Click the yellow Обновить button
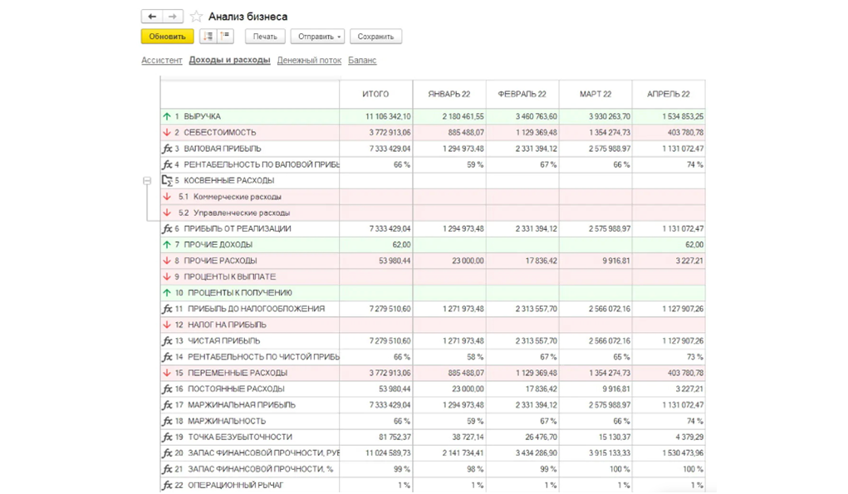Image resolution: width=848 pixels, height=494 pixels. pos(167,37)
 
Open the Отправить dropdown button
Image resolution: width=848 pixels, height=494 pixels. pos(317,37)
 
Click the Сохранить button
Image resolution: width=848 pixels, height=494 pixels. pos(375,37)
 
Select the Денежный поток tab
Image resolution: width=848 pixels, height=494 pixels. pos(309,60)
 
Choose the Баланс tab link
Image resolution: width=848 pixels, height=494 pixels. pos(362,60)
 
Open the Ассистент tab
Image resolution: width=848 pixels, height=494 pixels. pos(162,60)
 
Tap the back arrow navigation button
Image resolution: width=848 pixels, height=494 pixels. pos(151,17)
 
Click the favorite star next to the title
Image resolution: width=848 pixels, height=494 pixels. pos(196,17)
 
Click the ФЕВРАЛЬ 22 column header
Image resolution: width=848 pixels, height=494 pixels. pos(522,94)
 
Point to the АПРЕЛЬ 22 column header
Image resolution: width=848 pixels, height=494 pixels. pos(669,94)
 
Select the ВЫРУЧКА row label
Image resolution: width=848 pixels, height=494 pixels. pos(202,116)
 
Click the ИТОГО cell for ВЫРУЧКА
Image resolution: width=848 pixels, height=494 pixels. pos(388,116)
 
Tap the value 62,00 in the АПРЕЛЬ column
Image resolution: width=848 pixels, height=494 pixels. pos(694,245)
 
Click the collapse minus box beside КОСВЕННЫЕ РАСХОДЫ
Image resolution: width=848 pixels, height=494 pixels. pos(147,180)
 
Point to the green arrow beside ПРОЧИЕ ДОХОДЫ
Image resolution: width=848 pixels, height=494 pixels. pos(167,245)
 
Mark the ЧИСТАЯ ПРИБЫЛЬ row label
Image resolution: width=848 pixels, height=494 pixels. pos(223,341)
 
